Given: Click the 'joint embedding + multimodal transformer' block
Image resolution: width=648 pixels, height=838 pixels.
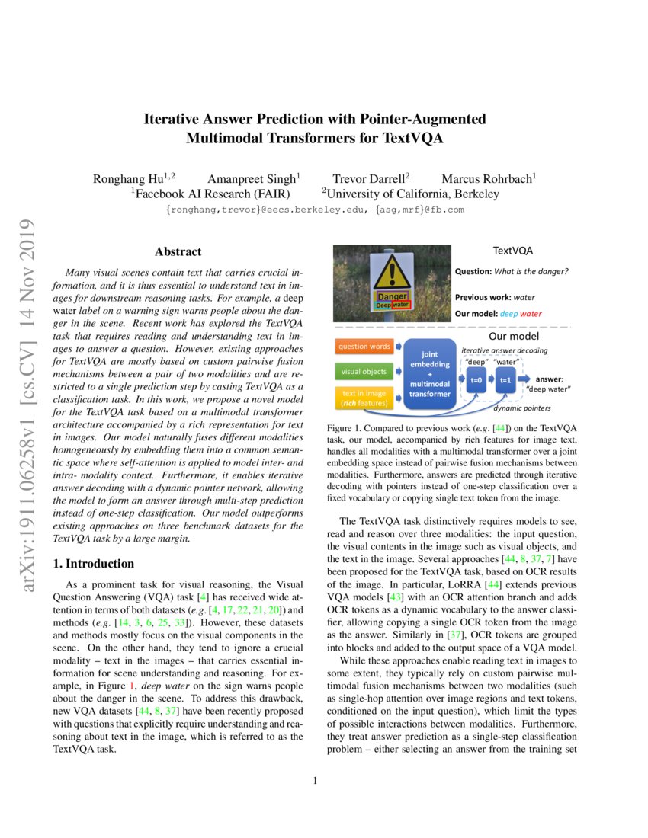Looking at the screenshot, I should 430,373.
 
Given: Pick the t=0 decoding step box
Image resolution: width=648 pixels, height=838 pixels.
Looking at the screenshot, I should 476,379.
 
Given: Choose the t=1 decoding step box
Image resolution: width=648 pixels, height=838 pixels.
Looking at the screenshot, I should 504,379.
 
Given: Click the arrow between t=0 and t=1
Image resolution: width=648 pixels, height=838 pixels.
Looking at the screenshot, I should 490,379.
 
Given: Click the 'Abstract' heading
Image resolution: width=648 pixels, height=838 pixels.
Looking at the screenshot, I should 178,251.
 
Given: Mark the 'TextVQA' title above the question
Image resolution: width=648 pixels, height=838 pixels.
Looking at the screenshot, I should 512,250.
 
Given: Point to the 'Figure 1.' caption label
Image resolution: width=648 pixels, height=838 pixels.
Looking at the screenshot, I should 345,430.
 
